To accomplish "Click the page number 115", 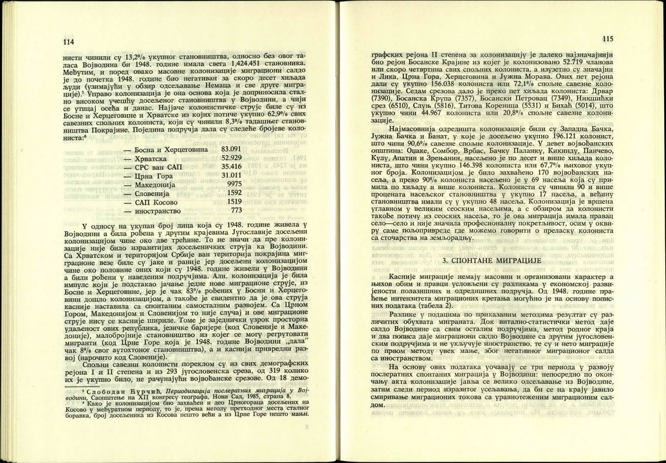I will click(609, 38).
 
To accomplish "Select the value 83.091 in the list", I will click(232, 149).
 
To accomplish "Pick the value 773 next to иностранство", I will click(236, 210).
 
